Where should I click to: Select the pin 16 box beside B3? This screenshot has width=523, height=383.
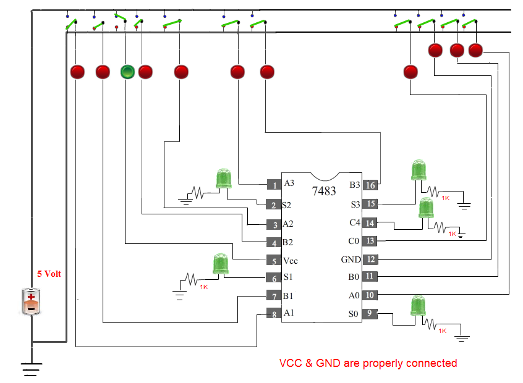click(369, 185)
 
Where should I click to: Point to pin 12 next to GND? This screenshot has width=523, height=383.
click(369, 259)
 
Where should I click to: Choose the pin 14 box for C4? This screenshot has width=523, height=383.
click(369, 223)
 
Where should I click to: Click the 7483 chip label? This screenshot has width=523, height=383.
click(325, 190)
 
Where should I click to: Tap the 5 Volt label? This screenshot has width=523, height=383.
click(49, 274)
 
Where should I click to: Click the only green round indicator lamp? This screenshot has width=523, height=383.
click(127, 72)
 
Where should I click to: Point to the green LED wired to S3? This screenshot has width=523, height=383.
click(419, 170)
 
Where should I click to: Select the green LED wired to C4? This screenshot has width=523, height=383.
click(426, 209)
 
